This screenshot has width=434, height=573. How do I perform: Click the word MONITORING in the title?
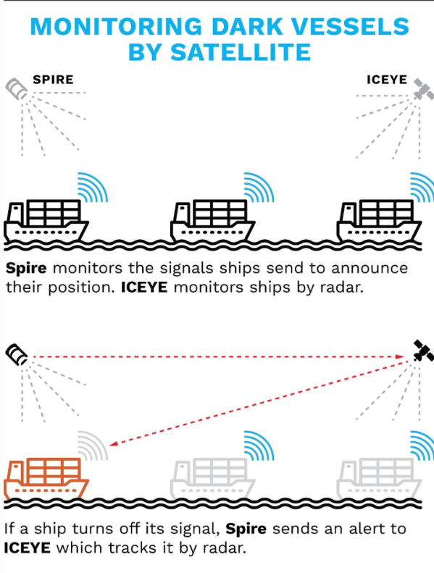pos(117,27)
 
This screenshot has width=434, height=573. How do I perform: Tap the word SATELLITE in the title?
pos(241,52)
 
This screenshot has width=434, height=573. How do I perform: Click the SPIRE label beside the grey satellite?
pos(53,79)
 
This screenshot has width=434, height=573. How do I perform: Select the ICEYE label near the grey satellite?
pos(387,79)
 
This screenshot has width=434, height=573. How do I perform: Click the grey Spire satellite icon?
pos(17,88)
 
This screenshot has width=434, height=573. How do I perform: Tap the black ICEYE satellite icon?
pos(423,351)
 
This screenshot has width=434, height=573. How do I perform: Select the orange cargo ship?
pos(46,479)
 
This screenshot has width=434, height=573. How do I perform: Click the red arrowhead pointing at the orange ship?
pos(113,443)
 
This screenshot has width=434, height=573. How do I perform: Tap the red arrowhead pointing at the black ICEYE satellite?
pos(401,356)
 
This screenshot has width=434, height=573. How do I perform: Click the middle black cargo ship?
pos(213,220)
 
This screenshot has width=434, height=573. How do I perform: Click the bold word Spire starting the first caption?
pos(26,269)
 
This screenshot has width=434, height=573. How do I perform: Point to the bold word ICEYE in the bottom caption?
pos(28,548)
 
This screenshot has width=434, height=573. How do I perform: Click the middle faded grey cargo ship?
pos(213,479)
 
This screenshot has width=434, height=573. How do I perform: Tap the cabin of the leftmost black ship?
pos(16,214)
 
